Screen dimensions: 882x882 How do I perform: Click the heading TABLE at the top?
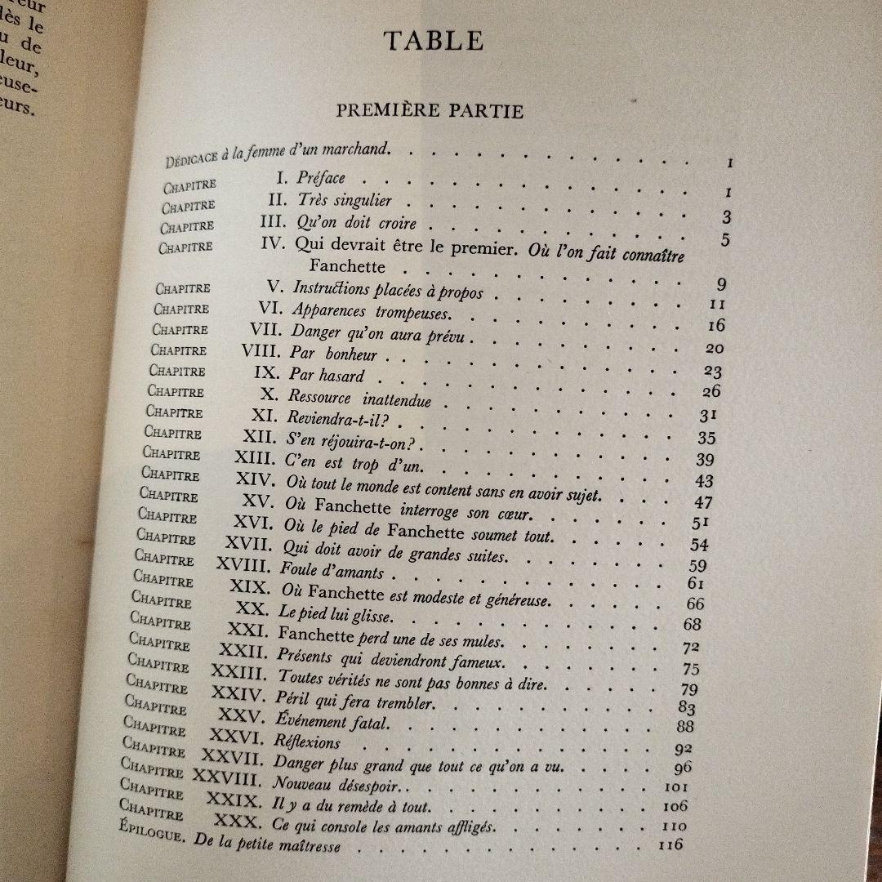(x=434, y=40)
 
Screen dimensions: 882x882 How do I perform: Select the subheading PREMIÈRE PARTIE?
(x=430, y=110)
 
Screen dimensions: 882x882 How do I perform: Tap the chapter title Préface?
(x=321, y=178)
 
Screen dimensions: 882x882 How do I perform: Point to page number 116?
(x=670, y=845)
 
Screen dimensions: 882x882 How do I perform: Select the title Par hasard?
(x=327, y=376)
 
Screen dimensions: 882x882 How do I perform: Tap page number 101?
(x=676, y=786)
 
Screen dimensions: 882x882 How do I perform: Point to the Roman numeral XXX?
(x=238, y=818)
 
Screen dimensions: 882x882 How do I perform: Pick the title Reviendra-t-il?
(x=325, y=418)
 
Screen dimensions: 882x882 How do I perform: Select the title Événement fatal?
(x=333, y=721)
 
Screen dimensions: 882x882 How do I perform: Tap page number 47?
(x=703, y=502)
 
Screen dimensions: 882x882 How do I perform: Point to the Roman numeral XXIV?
(x=238, y=695)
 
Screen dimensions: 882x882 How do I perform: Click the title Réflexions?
(x=308, y=742)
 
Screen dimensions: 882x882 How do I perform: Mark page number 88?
(x=684, y=726)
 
